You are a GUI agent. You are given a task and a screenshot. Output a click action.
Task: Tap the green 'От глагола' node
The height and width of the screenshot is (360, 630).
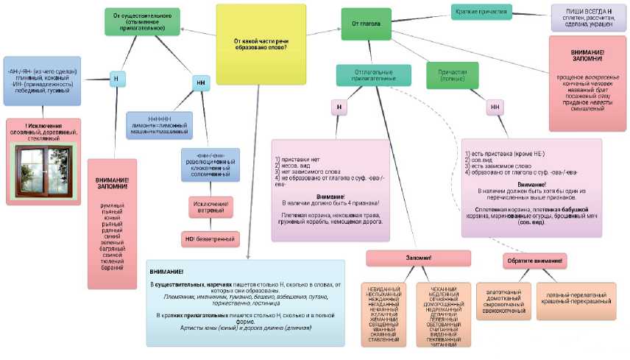pyautogui.click(x=366, y=23)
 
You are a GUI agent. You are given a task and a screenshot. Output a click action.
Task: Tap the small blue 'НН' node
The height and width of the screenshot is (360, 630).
pyautogui.click(x=201, y=83)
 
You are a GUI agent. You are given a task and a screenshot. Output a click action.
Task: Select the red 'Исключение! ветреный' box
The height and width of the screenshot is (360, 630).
pyautogui.click(x=211, y=207)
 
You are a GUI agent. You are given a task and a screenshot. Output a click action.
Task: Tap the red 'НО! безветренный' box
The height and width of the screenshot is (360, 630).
pyautogui.click(x=210, y=239)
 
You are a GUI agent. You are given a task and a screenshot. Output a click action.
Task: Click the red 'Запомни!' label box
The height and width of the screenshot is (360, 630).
pyautogui.click(x=418, y=258)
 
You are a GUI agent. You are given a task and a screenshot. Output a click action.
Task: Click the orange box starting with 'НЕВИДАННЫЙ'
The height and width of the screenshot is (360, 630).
pyautogui.click(x=383, y=314)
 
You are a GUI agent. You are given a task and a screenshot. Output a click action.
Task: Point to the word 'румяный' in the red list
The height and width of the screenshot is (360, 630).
pyautogui.click(x=112, y=205)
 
